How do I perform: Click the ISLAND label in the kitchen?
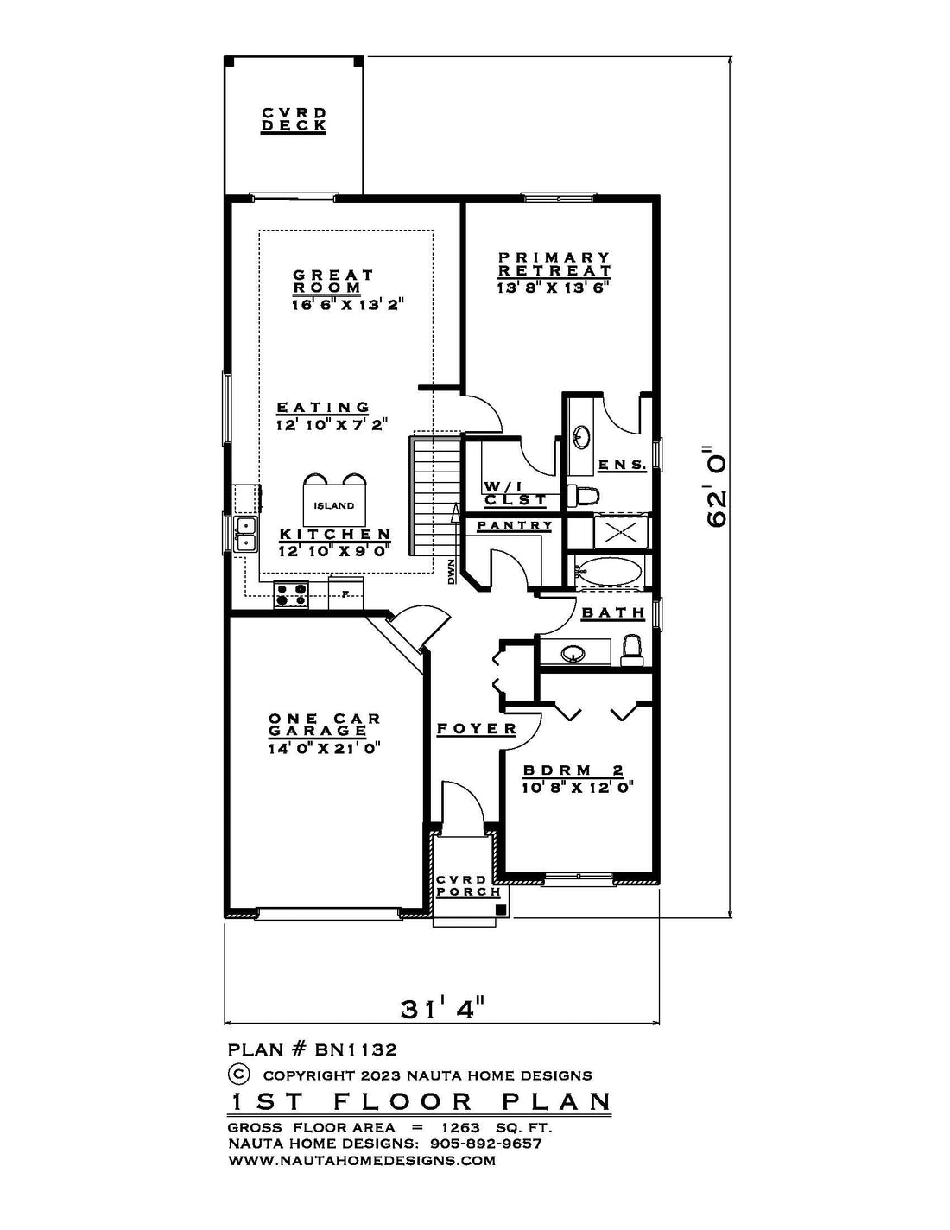coord(334,506)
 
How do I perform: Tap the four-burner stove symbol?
coord(291,594)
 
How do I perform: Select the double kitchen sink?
coord(245,534)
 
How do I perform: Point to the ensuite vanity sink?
coord(581,436)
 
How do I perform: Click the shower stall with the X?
coord(621,533)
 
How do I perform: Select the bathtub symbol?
coord(610,573)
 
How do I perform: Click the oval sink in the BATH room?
coord(573,655)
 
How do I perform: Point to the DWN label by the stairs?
coord(452,572)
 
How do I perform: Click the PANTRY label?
coord(515,526)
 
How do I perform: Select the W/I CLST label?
coord(515,493)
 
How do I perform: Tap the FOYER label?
coord(477,728)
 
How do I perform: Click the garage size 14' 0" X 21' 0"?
coord(324,748)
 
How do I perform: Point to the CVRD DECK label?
coord(294,119)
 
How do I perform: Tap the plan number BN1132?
coord(356,1050)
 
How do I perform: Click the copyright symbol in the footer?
coord(238,1075)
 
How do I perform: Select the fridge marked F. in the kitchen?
coord(345,593)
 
